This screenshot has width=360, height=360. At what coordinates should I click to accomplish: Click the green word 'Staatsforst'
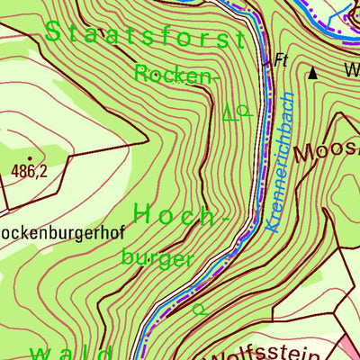(x=144, y=35)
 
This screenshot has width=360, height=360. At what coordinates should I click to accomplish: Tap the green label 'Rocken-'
(x=176, y=74)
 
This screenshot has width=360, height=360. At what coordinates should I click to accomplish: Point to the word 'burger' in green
(x=157, y=258)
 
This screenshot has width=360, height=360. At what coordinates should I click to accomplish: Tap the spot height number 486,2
(x=29, y=171)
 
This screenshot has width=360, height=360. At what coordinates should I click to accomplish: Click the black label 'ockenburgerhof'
(x=59, y=231)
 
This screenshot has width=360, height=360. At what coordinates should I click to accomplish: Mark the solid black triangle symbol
(x=313, y=73)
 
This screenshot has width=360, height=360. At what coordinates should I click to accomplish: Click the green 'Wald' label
(x=72, y=352)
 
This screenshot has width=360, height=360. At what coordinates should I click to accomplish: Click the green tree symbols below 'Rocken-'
(x=235, y=112)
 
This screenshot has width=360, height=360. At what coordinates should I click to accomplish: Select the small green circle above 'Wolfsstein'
(x=198, y=309)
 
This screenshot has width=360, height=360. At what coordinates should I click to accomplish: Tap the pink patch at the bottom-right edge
(x=350, y=350)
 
